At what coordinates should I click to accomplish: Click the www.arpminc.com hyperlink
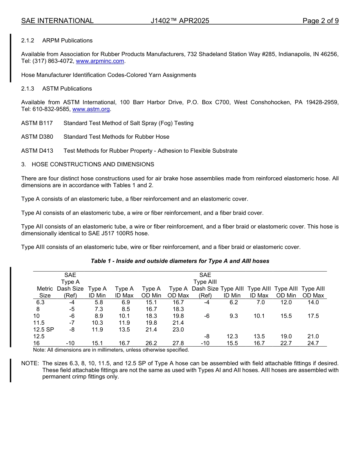100,61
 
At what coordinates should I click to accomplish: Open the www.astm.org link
91,109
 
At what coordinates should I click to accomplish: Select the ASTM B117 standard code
37,123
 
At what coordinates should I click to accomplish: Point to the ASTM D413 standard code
37,151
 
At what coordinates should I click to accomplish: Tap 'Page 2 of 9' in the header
320,21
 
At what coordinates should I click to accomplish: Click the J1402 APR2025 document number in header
180,21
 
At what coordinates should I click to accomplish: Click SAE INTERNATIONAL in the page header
57,21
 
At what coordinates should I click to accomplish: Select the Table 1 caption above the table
180,261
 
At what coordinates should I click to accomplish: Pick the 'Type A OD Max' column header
178,292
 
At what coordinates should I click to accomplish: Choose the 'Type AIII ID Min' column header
232,292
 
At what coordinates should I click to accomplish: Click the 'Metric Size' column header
45,292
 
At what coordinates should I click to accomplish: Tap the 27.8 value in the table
178,343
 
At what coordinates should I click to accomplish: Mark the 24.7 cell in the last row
313,343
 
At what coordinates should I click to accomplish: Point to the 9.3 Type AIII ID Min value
234,316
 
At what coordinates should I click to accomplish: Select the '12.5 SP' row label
44,330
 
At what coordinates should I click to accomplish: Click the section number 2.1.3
28,89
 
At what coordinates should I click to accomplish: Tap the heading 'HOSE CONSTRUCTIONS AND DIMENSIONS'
93,164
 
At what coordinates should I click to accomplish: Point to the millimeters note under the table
111,350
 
